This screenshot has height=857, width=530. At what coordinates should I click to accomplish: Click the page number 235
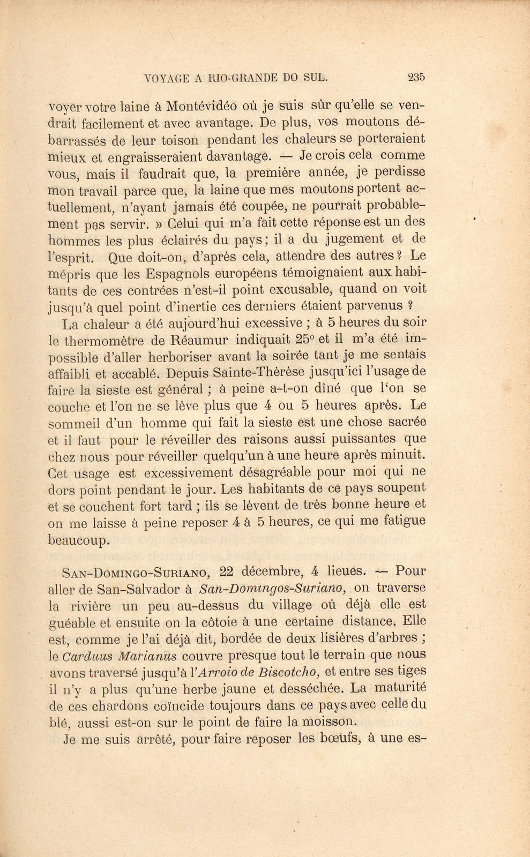(416, 77)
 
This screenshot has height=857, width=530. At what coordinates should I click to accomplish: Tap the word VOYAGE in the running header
(167, 78)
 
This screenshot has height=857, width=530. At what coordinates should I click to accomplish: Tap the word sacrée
(402, 422)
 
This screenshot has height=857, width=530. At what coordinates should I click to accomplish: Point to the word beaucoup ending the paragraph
(79, 539)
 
